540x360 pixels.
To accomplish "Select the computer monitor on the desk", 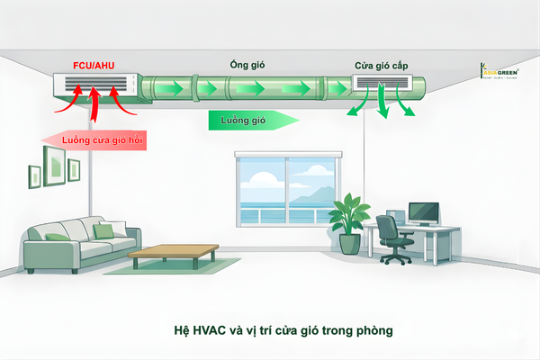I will (423, 212).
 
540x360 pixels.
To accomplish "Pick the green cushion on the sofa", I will (104, 232).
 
